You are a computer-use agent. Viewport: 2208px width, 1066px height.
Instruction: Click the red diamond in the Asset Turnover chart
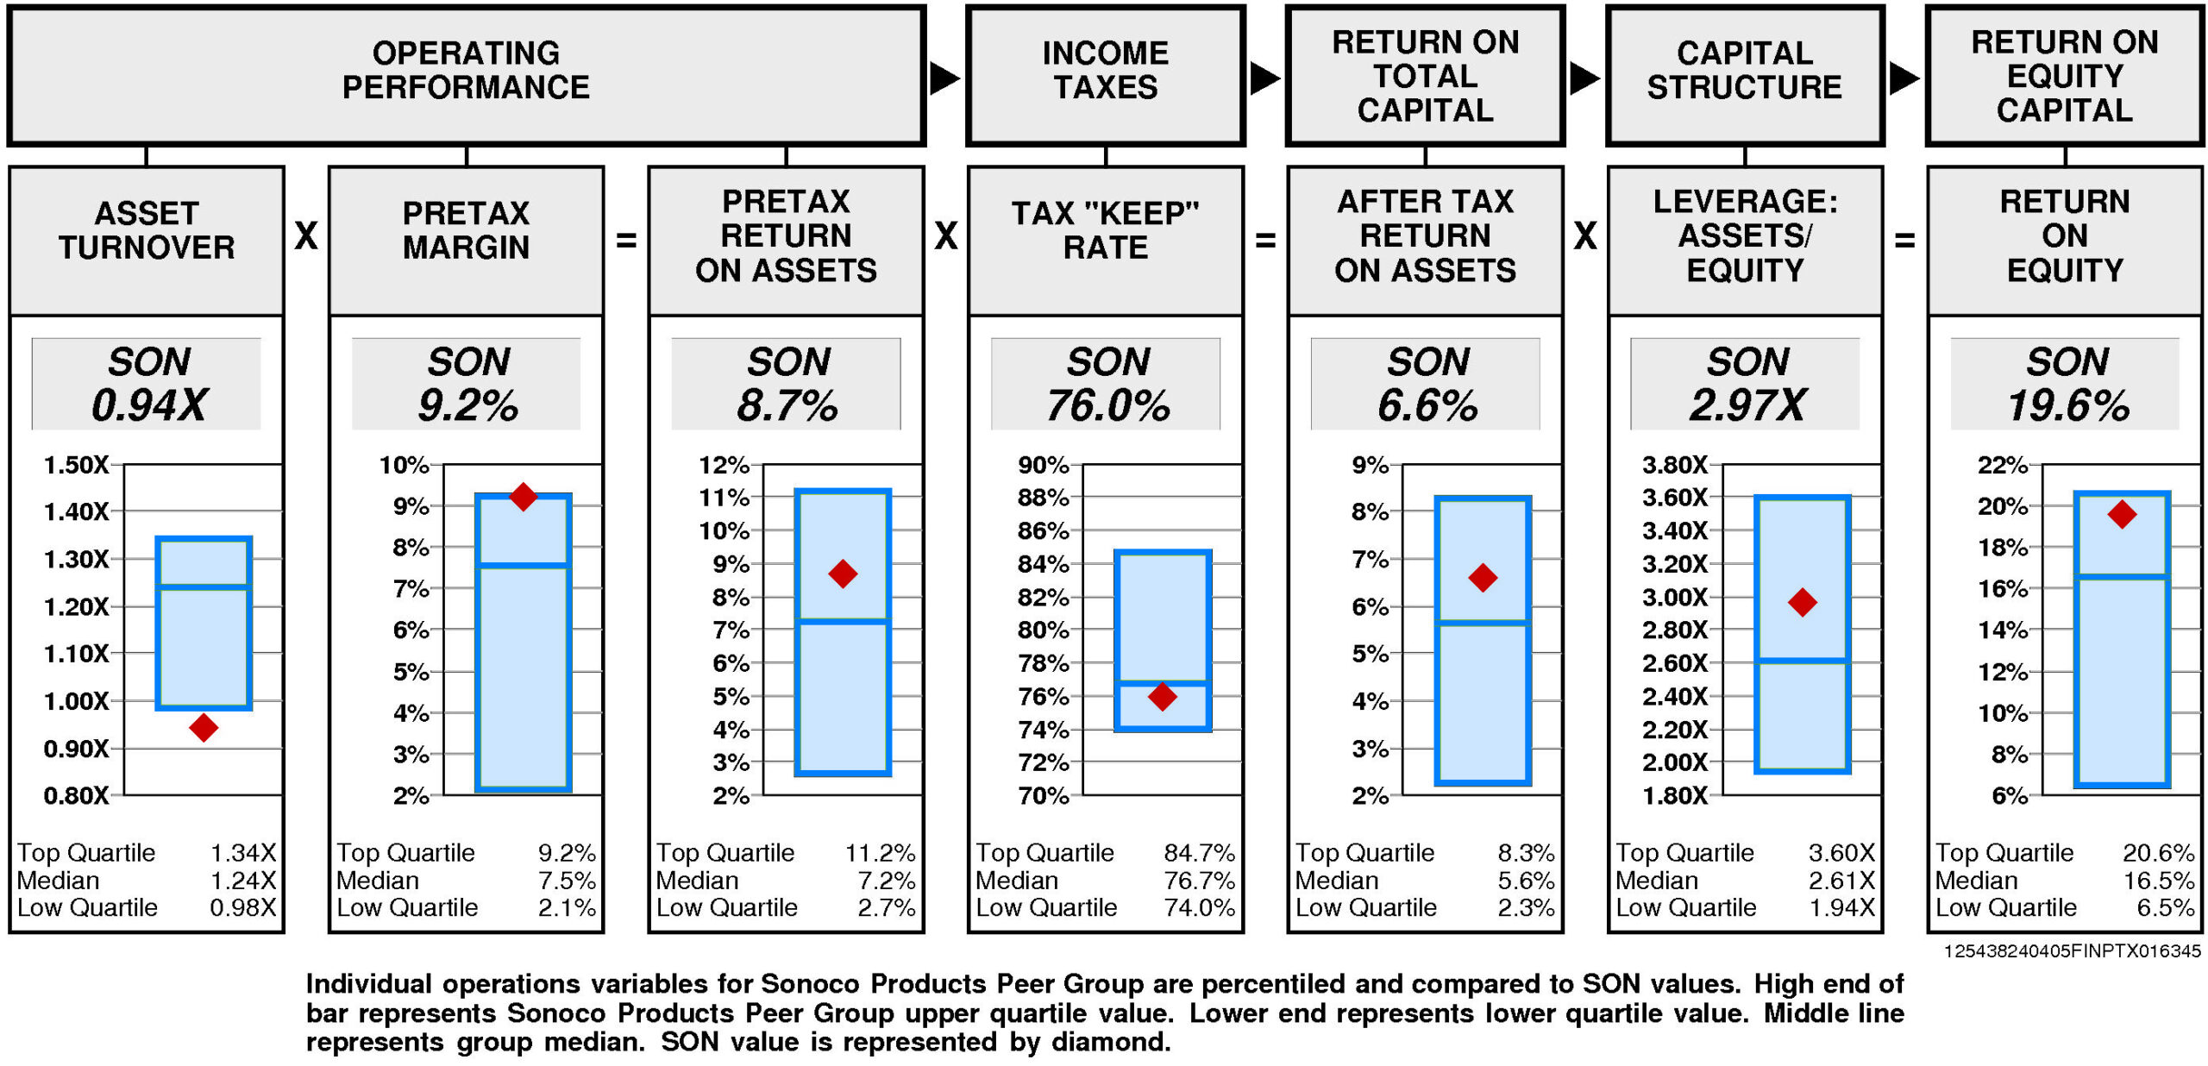pos(204,727)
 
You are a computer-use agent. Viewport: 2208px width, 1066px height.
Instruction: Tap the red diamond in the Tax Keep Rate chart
pos(1163,696)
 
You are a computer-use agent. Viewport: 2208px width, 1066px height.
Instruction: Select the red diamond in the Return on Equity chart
pos(2122,515)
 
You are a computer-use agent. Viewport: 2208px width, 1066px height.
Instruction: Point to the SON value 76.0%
pos(1107,405)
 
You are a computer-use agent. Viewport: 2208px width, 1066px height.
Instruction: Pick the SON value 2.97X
pos(1747,405)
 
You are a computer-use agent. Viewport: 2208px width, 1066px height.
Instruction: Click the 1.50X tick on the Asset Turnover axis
pos(76,465)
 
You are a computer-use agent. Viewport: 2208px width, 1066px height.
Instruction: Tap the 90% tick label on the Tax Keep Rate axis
pos(1043,465)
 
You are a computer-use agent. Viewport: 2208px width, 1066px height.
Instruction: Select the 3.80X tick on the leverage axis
pos(1674,465)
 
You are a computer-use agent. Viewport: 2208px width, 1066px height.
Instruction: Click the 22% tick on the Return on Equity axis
pos(2002,465)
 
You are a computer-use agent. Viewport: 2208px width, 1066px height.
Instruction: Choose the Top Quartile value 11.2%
pos(880,853)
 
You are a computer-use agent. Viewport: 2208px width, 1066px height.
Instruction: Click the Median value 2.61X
pos(1841,881)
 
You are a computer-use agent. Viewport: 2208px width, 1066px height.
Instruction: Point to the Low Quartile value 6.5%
pos(2165,907)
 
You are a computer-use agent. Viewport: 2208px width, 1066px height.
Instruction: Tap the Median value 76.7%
pos(1199,881)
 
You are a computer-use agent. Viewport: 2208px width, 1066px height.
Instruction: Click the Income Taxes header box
pos(1106,76)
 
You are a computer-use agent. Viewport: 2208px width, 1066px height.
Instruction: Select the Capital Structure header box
pos(1745,76)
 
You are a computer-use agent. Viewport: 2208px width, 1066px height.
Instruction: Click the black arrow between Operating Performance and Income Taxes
pos(944,78)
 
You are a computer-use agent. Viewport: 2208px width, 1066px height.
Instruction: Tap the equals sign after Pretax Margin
pos(626,240)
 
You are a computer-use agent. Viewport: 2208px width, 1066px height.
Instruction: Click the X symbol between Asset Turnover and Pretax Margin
pos(306,235)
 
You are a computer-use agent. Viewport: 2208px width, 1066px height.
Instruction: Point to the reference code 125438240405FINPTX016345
pos(2072,951)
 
